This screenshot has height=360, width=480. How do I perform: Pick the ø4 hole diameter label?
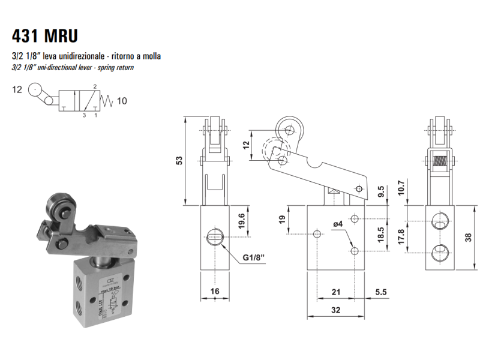pyautogui.click(x=338, y=224)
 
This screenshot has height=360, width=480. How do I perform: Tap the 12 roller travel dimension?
pyautogui.click(x=245, y=145)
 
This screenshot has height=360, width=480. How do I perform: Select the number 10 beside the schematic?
pyautogui.click(x=121, y=101)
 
